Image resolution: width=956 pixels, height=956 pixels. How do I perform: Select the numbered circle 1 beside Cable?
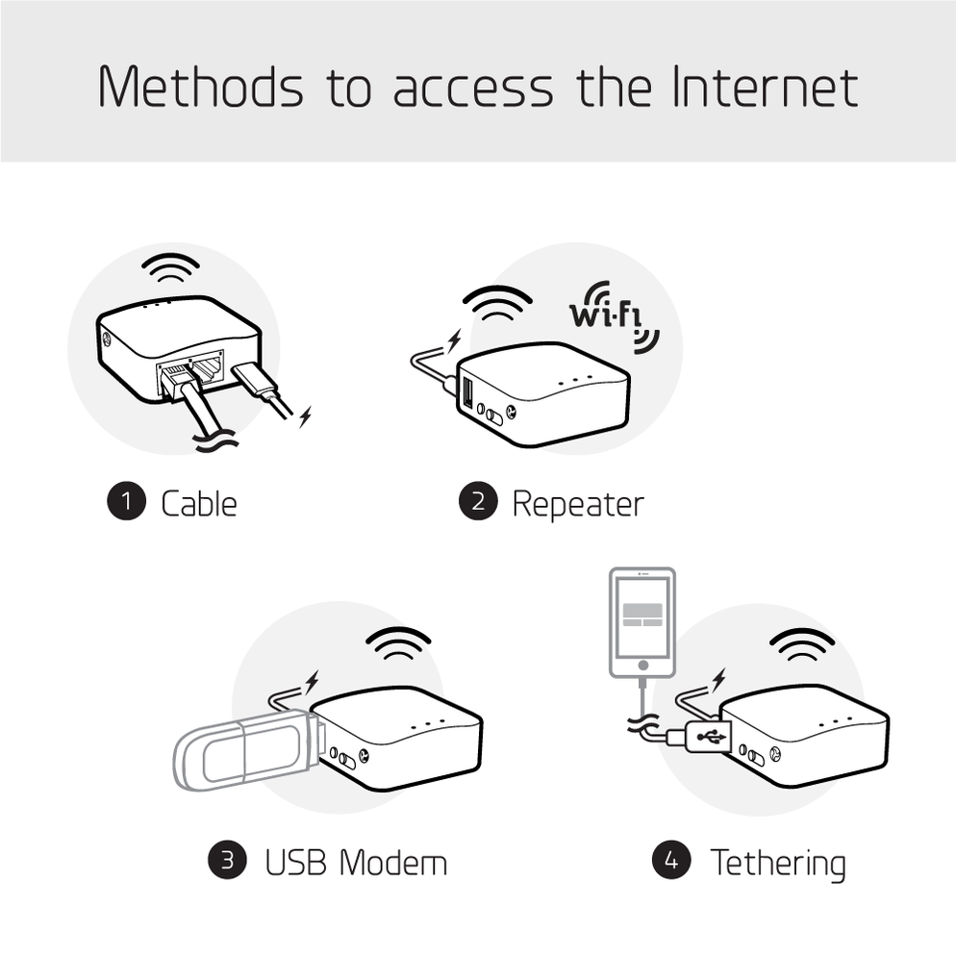coord(125,502)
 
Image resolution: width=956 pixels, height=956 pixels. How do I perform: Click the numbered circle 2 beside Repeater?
coord(478,502)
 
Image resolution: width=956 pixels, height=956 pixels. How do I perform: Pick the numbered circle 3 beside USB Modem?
coord(228,860)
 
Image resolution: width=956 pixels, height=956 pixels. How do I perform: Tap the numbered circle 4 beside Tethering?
coord(671,860)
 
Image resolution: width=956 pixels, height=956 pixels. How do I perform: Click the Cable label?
coord(198,503)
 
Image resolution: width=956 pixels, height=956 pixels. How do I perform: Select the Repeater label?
coord(577,503)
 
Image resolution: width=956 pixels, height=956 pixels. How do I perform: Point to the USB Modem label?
coord(356,862)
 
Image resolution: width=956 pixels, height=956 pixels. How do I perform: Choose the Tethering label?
coord(777,862)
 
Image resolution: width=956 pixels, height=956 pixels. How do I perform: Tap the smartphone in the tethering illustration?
coord(642,621)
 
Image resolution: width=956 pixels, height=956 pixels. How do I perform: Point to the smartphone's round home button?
coord(642,665)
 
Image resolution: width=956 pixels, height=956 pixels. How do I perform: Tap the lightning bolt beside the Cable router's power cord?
coord(305,416)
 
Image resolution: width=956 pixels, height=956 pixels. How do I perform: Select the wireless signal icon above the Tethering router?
coord(802,644)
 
